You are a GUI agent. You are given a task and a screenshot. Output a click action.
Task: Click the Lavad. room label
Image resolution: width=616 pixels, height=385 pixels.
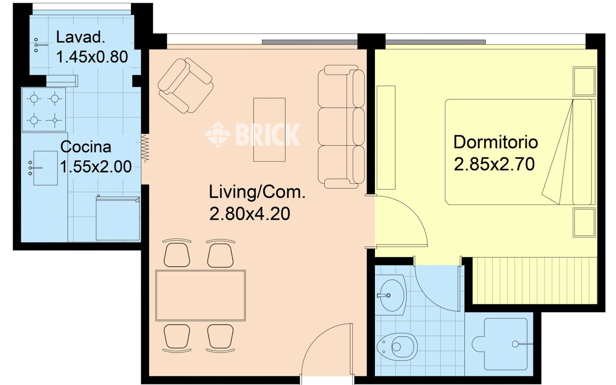pos(80,37)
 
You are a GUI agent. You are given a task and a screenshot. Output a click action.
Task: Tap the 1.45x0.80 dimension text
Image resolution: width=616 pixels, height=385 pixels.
pos(92,57)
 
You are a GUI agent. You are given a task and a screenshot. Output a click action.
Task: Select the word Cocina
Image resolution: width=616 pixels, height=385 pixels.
pos(86,147)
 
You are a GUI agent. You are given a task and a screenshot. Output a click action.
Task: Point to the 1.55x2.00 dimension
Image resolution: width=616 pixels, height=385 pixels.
pos(96,167)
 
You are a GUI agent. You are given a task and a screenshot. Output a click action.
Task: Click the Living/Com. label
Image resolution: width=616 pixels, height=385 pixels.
pos(257,192)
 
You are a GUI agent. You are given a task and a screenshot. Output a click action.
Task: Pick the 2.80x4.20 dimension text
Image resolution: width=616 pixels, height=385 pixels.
pos(250,214)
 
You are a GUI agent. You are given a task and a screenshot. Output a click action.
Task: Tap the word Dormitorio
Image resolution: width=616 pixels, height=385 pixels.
pos(496,142)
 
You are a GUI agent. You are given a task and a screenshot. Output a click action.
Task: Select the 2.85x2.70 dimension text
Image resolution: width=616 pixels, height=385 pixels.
pos(494,164)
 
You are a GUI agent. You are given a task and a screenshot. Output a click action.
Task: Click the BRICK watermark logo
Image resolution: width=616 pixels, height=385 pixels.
pos(252,134)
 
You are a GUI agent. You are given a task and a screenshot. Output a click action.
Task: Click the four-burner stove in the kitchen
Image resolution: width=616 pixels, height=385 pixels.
pos(44,109)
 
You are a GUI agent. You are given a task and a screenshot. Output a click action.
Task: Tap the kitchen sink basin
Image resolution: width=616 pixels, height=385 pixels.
pos(45,168)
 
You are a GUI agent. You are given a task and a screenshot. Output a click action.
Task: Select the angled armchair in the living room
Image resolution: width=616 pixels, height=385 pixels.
pos(186,86)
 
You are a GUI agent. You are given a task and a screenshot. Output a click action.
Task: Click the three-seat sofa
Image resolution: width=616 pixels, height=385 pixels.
pos(341,127)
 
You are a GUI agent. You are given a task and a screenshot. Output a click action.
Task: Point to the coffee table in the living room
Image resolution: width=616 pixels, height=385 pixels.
pos(269,129)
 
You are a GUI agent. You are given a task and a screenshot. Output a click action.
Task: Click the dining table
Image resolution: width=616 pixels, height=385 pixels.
pos(201,295)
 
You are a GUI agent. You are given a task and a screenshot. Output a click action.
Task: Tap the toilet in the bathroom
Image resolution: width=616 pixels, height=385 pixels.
pos(397,347)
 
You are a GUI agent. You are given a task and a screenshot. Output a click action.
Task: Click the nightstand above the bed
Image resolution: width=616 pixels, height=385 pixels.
pos(584,81)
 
